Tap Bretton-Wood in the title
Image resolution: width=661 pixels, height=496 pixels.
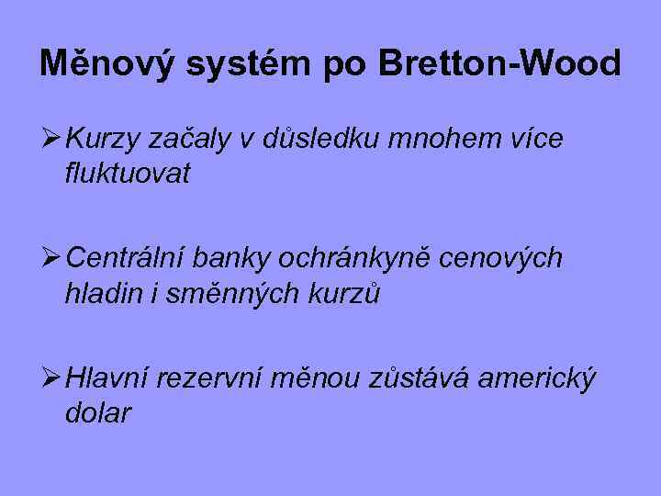click(499, 63)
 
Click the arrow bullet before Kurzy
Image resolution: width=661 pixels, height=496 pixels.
click(50, 140)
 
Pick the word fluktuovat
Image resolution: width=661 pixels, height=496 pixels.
click(128, 174)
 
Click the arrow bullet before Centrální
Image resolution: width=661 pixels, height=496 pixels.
click(50, 259)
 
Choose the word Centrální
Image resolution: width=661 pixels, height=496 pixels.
click(124, 260)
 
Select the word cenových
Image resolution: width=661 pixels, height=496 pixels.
click(500, 260)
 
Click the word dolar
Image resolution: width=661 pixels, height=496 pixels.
click(98, 412)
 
